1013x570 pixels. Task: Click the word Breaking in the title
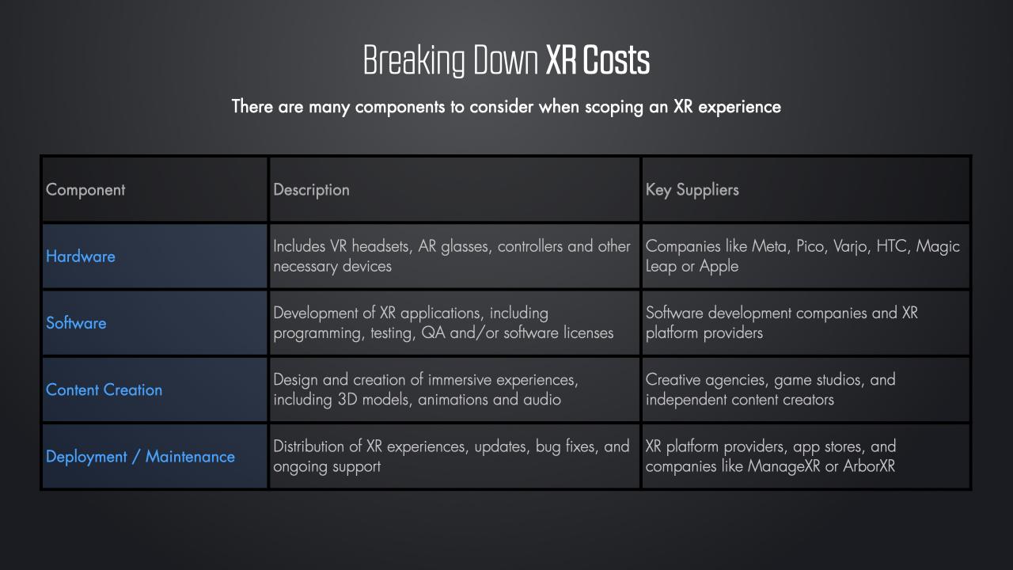coord(414,60)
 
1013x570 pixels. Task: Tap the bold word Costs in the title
coord(617,59)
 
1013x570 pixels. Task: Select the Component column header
coord(85,190)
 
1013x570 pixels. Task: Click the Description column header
coord(311,190)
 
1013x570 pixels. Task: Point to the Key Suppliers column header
coord(692,190)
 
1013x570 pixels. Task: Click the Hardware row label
coord(81,256)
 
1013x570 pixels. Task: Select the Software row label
coord(76,323)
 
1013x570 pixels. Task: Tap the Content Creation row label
coord(104,389)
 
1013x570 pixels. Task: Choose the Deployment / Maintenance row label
coord(140,457)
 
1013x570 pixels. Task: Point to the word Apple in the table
coord(719,267)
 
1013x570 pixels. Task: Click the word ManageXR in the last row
coord(783,466)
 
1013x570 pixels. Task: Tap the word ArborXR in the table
coord(869,466)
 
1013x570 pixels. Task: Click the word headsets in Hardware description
coord(381,246)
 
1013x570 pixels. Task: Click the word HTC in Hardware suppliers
coord(893,246)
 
